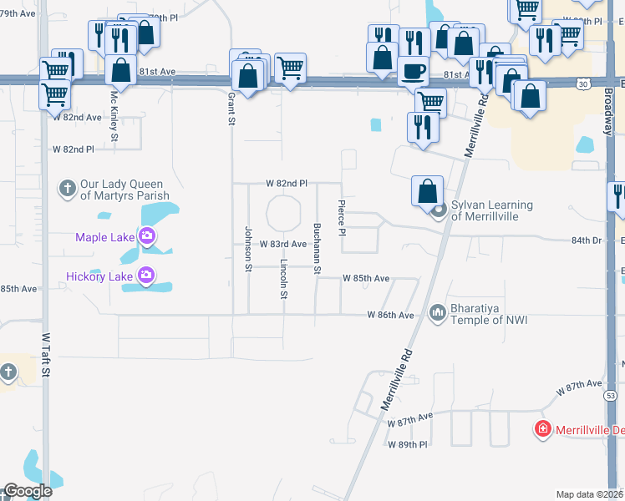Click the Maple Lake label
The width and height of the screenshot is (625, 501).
[x=104, y=237]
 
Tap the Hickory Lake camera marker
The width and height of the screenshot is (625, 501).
[x=147, y=274]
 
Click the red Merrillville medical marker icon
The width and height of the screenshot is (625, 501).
[x=542, y=429]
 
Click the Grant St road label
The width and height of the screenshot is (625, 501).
[x=231, y=109]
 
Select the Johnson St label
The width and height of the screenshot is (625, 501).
[x=248, y=248]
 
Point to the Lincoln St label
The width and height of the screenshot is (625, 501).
[x=284, y=281]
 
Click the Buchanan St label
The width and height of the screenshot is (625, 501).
[x=317, y=248]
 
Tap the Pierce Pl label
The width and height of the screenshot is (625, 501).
[x=342, y=218]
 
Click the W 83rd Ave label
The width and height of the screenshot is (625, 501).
[x=282, y=244]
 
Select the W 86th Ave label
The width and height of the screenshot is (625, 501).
[x=391, y=315]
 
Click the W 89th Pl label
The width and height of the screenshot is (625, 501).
[x=407, y=444]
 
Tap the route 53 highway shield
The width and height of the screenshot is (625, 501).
[x=610, y=394]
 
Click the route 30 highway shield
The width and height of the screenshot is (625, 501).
[x=582, y=83]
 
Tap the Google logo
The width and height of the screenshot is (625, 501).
[x=28, y=491]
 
